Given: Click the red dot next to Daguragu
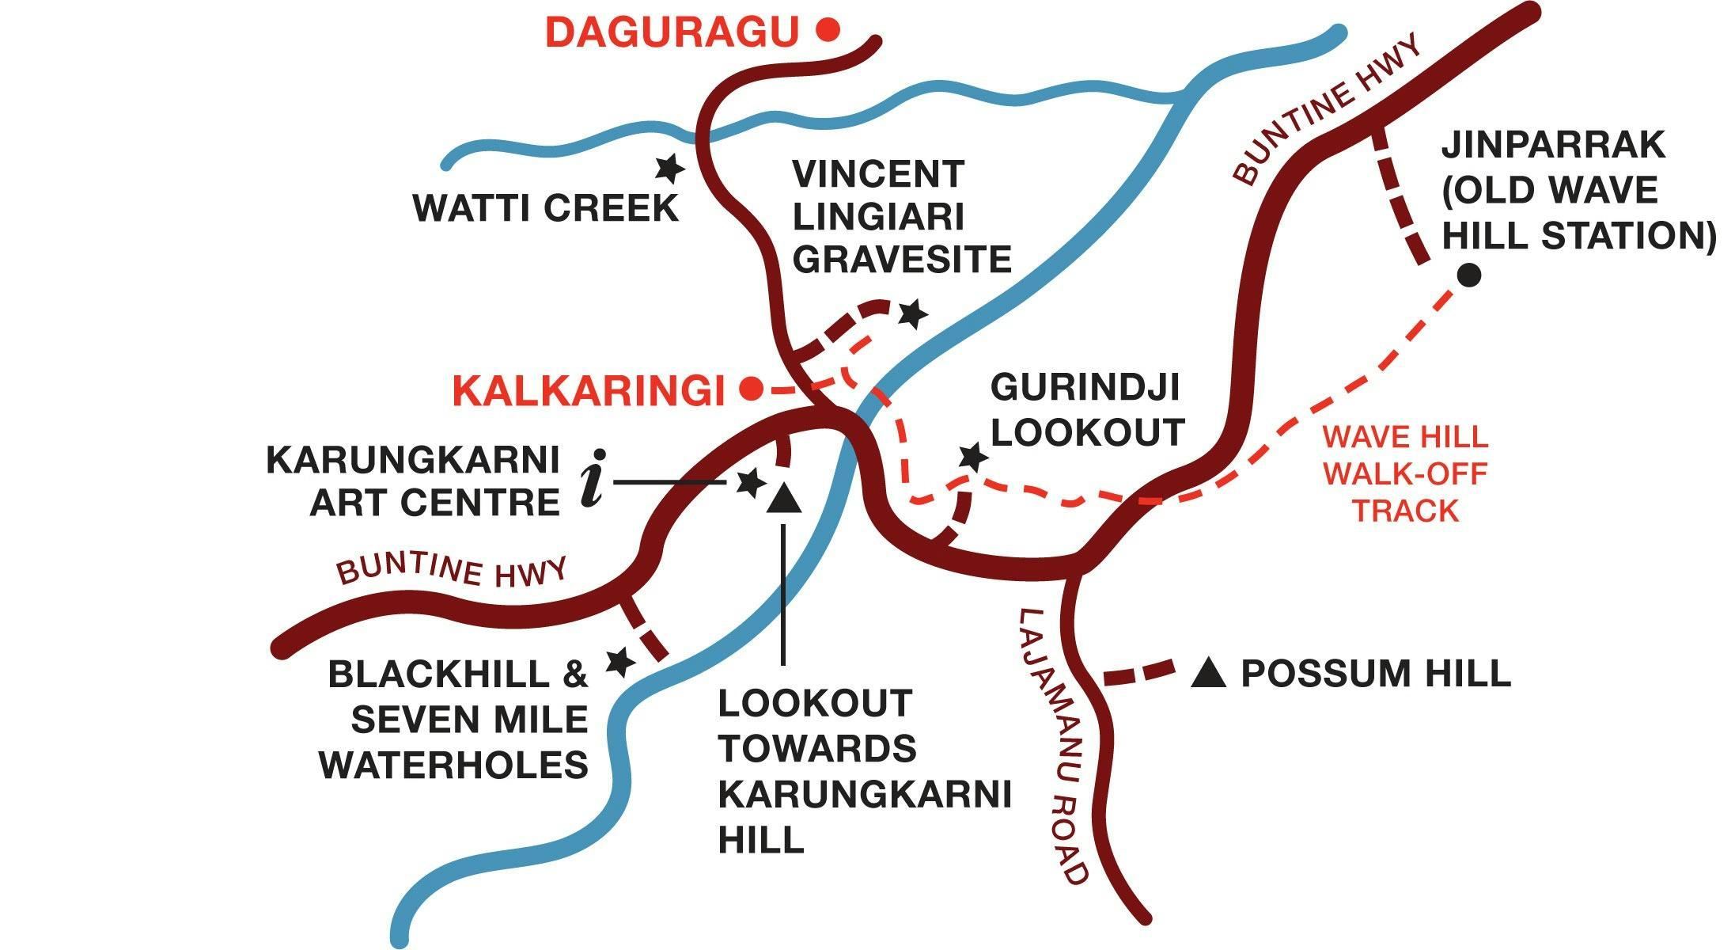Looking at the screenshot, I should click(x=828, y=31).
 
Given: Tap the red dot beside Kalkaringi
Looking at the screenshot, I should click(x=751, y=389).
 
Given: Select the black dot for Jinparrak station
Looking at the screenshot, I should click(x=1469, y=275).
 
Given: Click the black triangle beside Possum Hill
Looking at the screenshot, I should click(x=1208, y=674).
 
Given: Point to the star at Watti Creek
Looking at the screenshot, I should click(x=669, y=168).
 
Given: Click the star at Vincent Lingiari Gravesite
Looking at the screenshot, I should click(x=912, y=314).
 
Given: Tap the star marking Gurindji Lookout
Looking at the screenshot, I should click(x=972, y=457).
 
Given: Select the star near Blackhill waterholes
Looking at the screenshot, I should click(x=619, y=662).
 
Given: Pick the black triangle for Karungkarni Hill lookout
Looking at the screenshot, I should click(x=784, y=500).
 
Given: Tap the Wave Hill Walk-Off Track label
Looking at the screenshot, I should click(x=1405, y=473).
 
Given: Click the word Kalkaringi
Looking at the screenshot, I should click(x=589, y=391).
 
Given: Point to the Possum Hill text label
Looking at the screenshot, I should click(x=1375, y=674).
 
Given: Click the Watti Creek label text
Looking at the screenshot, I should click(x=546, y=208).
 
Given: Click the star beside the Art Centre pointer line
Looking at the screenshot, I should click(x=749, y=482).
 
